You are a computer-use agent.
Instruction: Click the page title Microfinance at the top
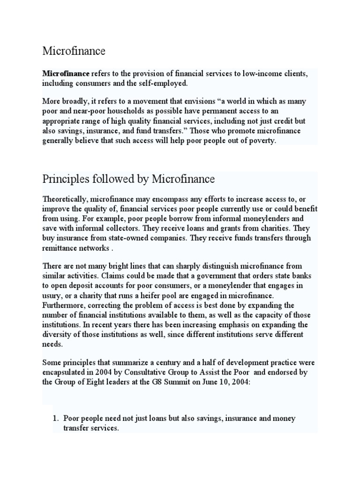[74, 51]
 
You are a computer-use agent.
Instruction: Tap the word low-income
[264, 74]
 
